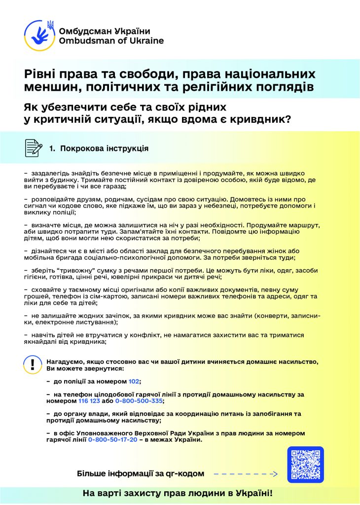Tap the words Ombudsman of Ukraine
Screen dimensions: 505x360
coord(111,41)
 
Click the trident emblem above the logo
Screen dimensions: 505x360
coord(50,24)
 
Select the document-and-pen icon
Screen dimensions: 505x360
coord(33,147)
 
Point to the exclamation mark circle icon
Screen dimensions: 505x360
coord(33,365)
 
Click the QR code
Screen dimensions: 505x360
coord(305,465)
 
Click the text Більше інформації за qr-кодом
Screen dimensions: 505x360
coord(141,474)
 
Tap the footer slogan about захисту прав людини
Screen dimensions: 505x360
coord(178,493)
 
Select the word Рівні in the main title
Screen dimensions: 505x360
coord(39,74)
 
